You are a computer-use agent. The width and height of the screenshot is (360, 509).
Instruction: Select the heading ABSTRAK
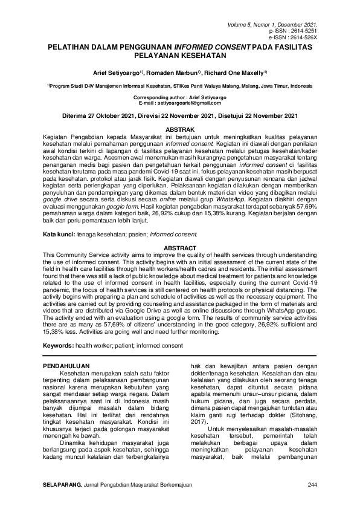[x=179, y=129]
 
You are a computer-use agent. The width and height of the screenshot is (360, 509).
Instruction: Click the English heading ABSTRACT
[x=179, y=248]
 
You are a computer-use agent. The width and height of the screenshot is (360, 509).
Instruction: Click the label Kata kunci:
[x=62, y=233]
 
